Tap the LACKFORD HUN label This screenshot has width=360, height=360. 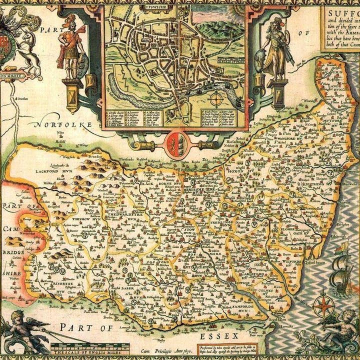point(55,170)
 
